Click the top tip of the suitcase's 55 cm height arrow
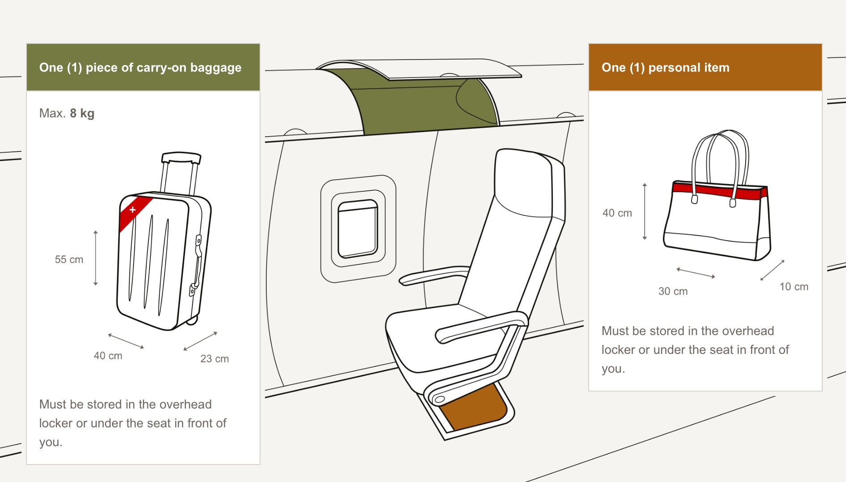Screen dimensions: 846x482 (x=95, y=231)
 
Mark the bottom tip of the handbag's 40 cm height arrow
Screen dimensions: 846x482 (x=645, y=240)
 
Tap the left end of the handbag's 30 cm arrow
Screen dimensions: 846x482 (x=677, y=269)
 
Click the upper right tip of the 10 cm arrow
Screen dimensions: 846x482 (x=784, y=260)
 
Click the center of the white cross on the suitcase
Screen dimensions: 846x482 (x=132, y=209)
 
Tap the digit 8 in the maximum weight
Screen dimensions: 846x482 (x=73, y=113)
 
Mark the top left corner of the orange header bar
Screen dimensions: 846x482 (x=589, y=44)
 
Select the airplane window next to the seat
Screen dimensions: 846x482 (x=358, y=229)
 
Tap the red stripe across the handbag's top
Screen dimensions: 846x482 (x=720, y=190)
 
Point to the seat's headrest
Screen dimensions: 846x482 (x=528, y=184)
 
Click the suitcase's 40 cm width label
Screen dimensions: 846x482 (x=108, y=356)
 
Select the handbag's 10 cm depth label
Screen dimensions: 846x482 (x=794, y=287)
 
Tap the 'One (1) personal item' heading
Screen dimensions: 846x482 (x=666, y=68)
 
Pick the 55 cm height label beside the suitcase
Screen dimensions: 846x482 (x=69, y=259)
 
